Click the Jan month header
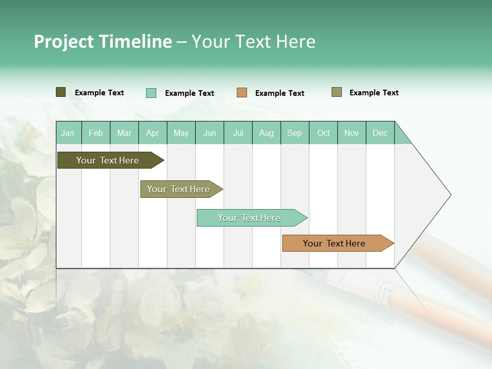point(68,133)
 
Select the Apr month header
point(152,133)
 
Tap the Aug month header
point(266,133)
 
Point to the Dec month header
point(380,133)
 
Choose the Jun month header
point(210,133)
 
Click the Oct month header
point(323,133)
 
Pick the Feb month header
point(96,133)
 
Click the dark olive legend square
point(61,92)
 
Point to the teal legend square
point(151,93)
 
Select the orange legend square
point(242,93)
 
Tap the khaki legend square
point(337,92)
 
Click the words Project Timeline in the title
point(102,42)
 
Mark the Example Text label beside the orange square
point(280,93)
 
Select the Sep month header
point(294,133)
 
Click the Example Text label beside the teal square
point(190,93)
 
